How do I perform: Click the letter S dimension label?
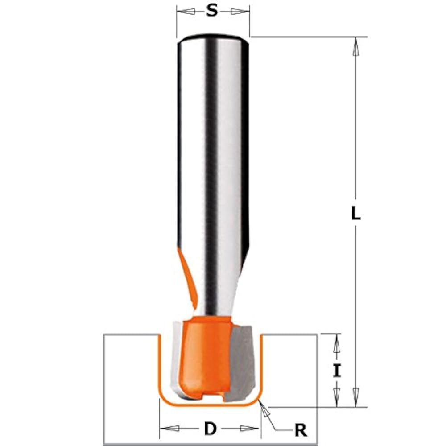tap(211, 11)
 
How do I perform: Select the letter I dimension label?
tap(337, 371)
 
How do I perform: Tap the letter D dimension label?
tap(210, 428)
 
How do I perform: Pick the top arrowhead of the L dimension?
tap(355, 46)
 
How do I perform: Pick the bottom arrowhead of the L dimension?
tap(355, 397)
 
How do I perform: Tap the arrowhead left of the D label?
tap(170, 428)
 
